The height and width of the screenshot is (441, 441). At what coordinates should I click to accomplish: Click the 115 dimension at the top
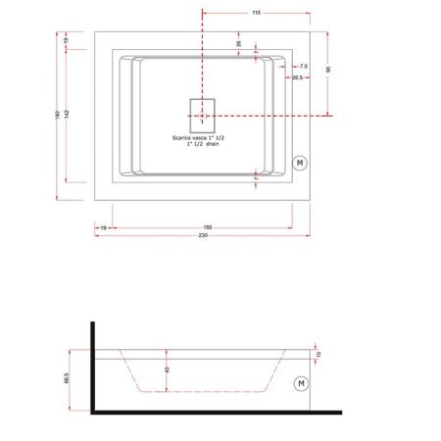[255, 13]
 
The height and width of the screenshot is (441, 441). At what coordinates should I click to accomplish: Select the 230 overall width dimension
[203, 236]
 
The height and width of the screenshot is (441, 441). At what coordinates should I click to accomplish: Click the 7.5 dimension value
[304, 66]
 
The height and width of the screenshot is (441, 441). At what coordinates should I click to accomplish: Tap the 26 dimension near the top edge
[238, 43]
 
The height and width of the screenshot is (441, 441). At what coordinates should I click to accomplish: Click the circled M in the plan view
[301, 160]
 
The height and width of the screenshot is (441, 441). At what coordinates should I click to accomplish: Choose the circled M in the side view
[301, 381]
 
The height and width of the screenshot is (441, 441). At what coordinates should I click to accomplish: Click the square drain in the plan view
[202, 115]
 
